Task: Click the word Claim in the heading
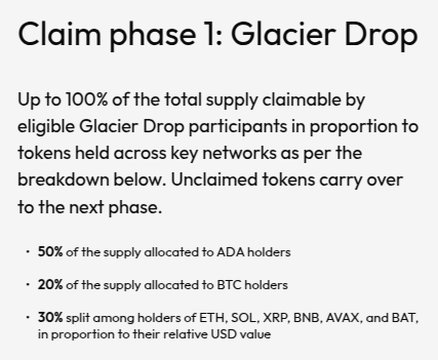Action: pos(59,33)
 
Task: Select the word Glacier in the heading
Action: pos(283,33)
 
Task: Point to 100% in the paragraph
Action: pos(87,99)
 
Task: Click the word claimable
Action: pos(301,99)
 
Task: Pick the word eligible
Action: pos(46,127)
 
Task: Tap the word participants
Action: pos(238,127)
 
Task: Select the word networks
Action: pos(239,153)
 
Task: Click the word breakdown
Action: pos(63,179)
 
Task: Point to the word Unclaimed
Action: pos(214,179)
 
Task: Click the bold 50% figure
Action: pos(50,252)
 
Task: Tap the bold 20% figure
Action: pos(50,285)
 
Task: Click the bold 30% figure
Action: pos(50,317)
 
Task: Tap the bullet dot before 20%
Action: pos(28,285)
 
